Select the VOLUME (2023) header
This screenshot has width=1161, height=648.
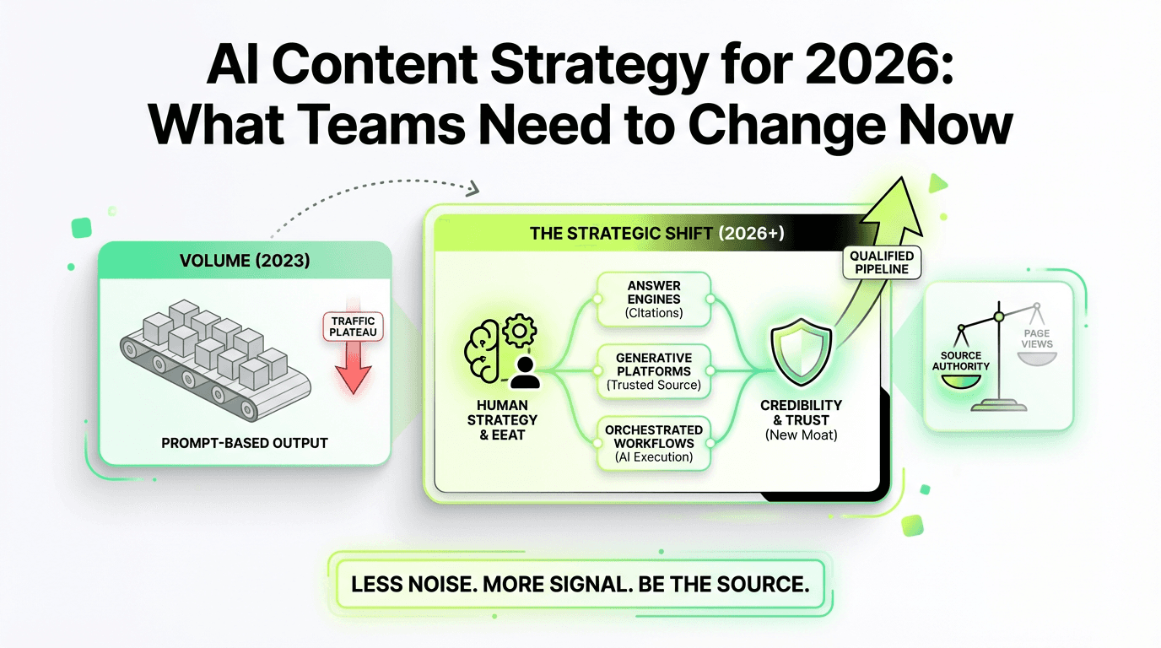245,261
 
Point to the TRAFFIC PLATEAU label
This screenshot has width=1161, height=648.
354,327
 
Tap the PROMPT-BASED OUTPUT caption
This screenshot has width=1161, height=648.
245,442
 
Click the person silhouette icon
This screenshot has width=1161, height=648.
524,370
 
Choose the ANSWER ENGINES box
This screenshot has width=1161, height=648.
654,298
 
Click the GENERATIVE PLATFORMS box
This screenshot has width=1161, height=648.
654,371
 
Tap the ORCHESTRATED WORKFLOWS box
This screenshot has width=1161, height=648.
654,443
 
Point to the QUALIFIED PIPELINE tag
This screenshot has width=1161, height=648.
882,263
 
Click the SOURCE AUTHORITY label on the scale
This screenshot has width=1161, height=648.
960,360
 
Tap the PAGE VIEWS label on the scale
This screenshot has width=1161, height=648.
1037,339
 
